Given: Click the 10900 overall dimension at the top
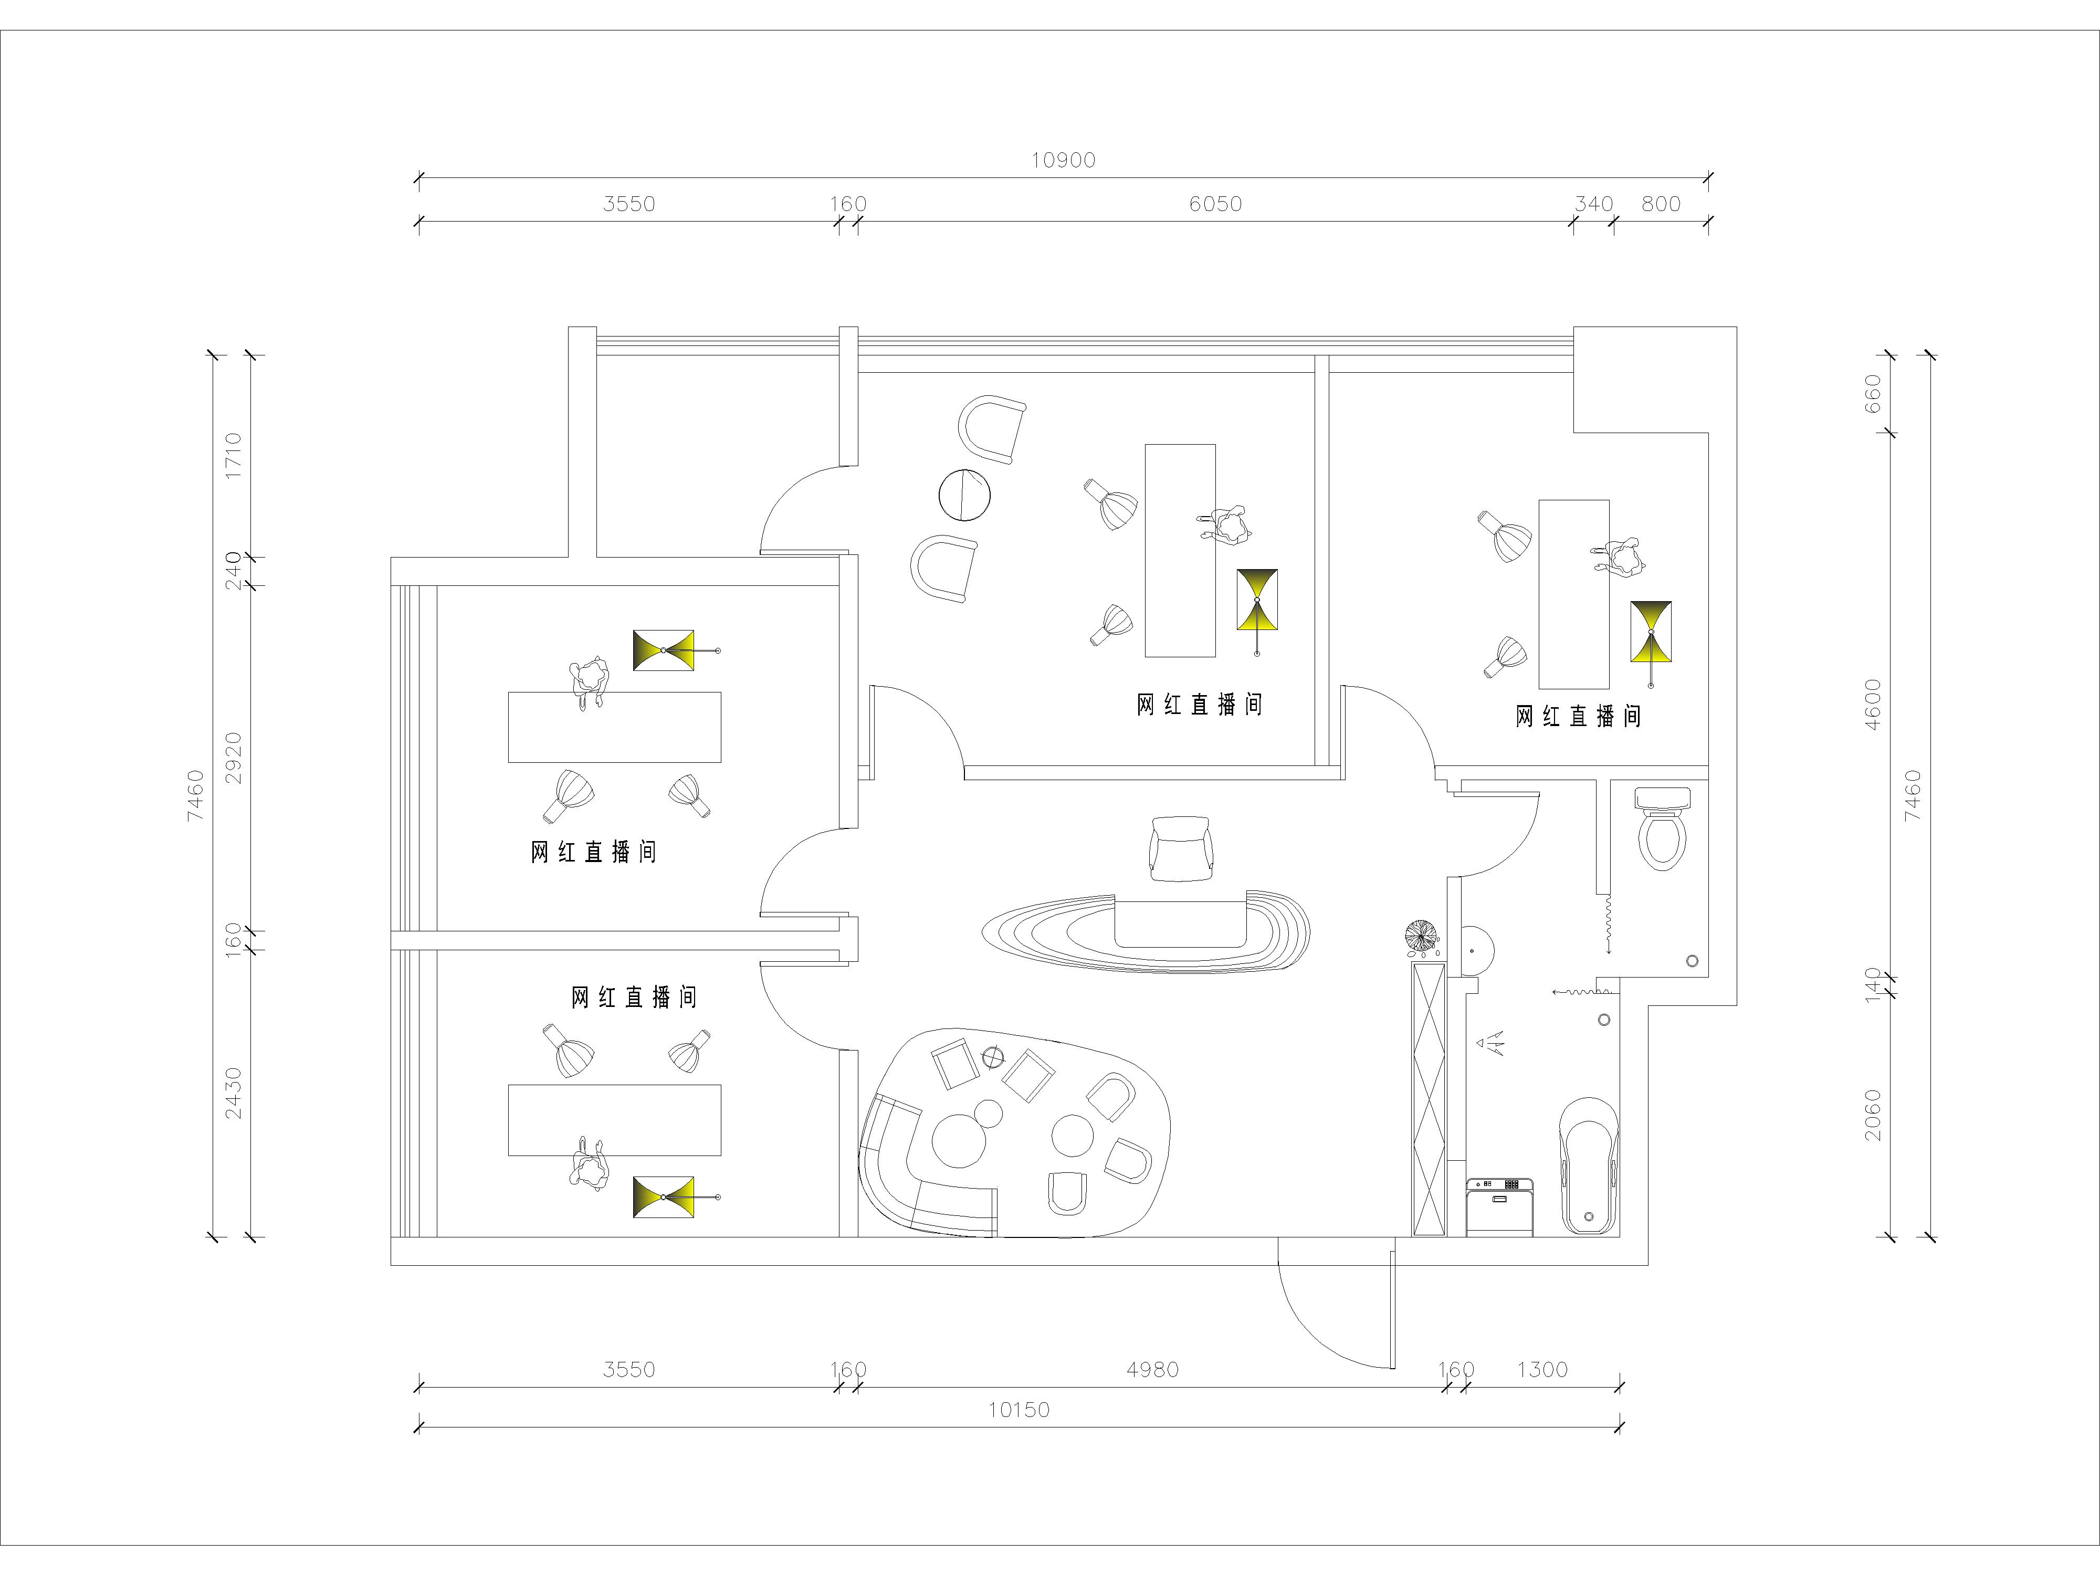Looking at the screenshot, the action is [x=1063, y=161].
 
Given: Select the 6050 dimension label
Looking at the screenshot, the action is [x=1215, y=204].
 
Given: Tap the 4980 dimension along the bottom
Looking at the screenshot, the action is [x=1152, y=1370].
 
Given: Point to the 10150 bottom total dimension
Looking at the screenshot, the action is [x=1018, y=1410].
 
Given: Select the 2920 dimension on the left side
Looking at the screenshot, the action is [x=233, y=758].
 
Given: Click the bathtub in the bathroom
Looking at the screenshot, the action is [x=1589, y=1167].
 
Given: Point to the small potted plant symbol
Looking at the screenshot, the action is [x=1421, y=939].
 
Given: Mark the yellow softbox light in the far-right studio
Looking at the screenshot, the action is [x=1651, y=632].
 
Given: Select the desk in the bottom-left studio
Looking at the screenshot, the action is [x=614, y=1120].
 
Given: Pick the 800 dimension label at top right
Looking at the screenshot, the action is [x=1661, y=204].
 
